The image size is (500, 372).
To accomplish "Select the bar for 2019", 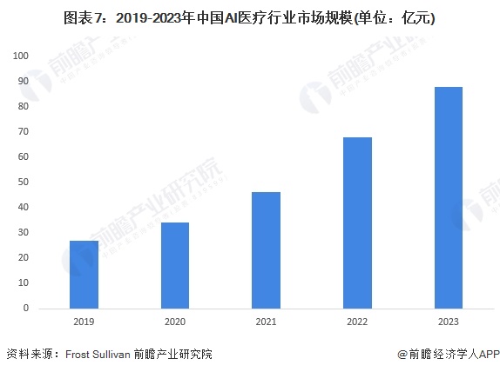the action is point(84,275).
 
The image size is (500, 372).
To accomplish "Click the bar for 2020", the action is point(175,265).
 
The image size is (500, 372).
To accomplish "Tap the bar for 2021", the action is point(266,250).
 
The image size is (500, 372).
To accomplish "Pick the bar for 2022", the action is point(357,223).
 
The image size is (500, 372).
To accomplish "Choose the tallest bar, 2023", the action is point(449,197).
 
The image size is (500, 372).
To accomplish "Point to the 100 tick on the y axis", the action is point(21,56).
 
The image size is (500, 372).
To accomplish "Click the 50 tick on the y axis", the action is point(24,182).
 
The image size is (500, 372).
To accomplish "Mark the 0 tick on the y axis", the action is point(26,308).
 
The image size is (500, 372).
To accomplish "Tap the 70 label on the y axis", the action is point(24,131).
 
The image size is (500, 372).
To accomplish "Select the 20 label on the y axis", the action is point(24,257).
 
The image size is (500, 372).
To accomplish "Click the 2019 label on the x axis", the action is point(84,322).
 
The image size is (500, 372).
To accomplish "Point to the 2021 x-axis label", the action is point(266,322).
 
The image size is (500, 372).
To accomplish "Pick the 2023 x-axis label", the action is point(449,322).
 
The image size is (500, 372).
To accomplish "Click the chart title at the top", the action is point(249,18).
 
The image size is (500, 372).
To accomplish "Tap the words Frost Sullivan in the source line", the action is point(98,354).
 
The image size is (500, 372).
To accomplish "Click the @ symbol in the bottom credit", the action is point(402,354).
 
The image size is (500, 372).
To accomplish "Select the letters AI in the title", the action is point(231,18).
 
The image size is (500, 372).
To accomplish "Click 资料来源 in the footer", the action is point(30,354).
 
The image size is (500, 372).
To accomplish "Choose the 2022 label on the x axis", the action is point(357,322).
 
